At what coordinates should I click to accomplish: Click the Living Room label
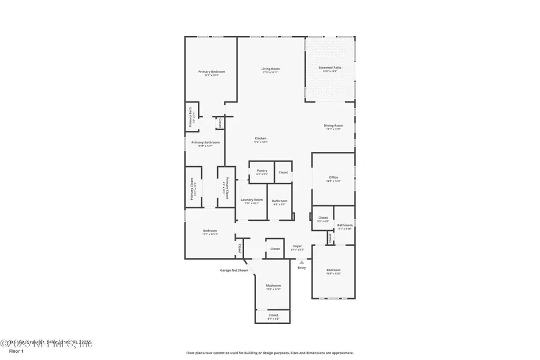271,69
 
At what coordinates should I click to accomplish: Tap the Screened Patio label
329,68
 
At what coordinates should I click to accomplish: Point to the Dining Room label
333,126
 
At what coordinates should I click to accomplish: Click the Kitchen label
260,139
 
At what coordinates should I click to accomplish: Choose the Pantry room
262,172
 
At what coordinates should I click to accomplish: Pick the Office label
333,178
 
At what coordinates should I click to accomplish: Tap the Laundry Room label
251,201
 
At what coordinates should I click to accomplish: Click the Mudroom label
273,287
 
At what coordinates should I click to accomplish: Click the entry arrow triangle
302,262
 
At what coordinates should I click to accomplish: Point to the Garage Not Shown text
233,270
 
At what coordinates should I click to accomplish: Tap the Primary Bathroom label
205,143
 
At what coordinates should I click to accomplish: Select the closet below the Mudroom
273,316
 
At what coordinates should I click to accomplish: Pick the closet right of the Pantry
283,172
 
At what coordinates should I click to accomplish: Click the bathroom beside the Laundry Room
280,202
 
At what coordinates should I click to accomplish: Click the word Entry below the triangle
301,268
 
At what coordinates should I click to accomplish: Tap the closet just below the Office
323,218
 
